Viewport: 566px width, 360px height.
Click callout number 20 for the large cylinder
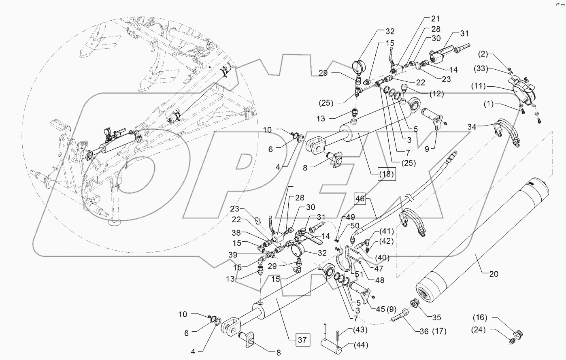494,273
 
